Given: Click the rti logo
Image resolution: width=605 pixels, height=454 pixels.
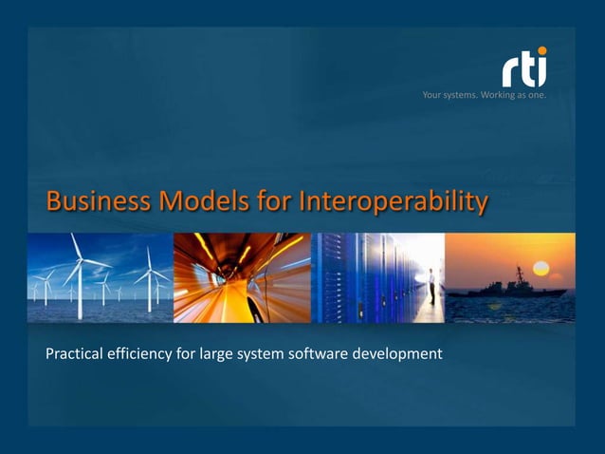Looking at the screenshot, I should tap(524, 68).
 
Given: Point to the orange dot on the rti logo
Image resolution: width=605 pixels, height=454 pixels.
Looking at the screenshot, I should tap(541, 51).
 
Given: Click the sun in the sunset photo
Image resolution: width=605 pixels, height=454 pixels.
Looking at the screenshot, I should tap(541, 268).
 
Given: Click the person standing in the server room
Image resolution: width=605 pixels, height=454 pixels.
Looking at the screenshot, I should tap(431, 285).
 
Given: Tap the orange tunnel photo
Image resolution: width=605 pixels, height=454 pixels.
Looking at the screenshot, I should tap(242, 277).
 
